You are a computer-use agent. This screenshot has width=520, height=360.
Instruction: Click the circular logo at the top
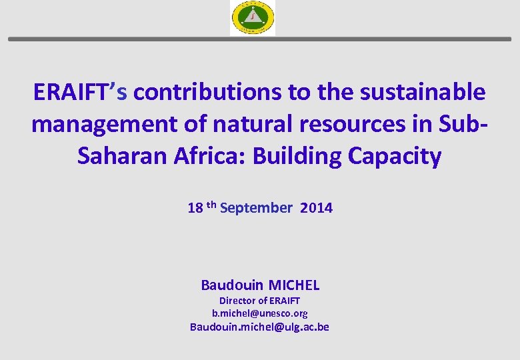[253, 17]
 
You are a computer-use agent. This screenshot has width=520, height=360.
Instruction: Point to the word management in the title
[96, 124]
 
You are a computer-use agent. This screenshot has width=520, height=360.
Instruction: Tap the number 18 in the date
[195, 208]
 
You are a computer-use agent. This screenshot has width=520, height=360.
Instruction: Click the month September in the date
[255, 208]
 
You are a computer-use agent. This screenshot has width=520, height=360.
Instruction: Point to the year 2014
[316, 208]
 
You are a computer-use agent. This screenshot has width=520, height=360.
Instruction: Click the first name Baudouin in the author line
[231, 285]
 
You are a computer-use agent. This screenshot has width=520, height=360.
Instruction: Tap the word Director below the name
[237, 301]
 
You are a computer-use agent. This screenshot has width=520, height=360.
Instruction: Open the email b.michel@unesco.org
[260, 313]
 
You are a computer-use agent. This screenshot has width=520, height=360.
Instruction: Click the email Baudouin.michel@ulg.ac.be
[260, 327]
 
